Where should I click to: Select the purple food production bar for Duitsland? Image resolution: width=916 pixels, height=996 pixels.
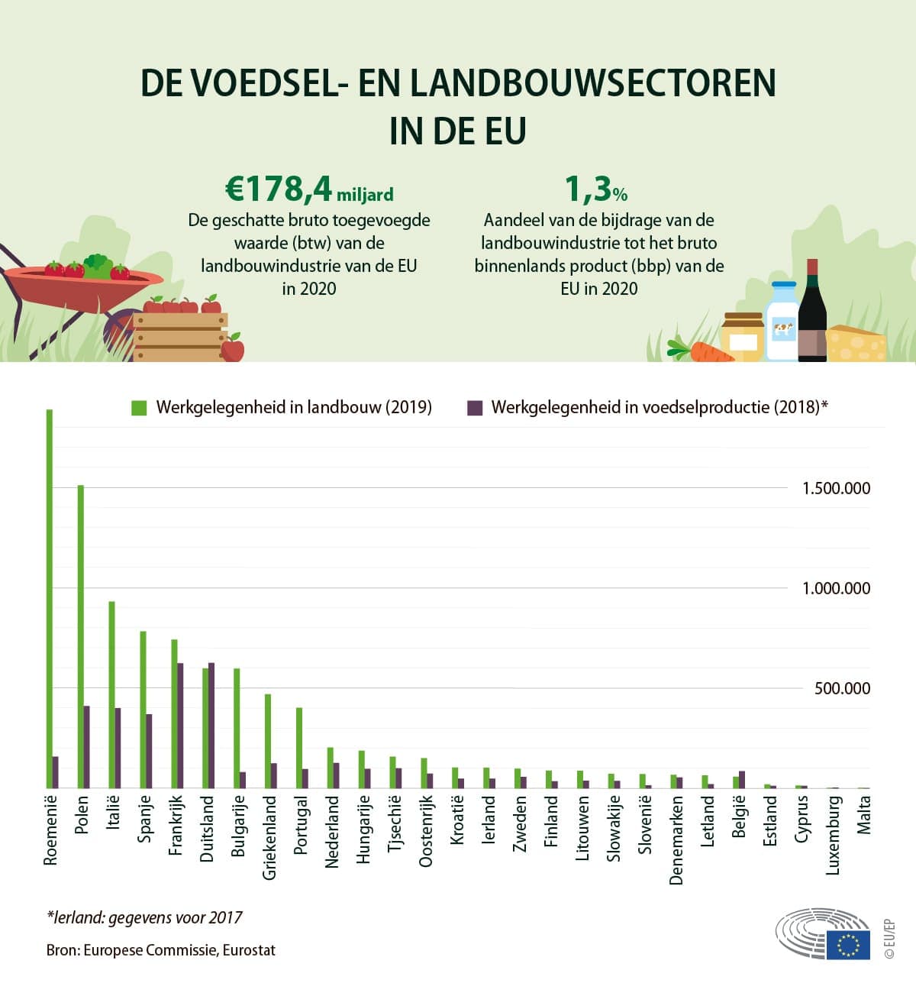pyautogui.click(x=211, y=725)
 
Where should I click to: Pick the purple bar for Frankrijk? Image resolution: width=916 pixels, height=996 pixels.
pyautogui.click(x=180, y=725)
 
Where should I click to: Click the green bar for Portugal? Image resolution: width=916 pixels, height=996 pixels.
pyautogui.click(x=299, y=748)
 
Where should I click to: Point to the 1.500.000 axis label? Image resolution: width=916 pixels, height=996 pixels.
pyautogui.click(x=835, y=489)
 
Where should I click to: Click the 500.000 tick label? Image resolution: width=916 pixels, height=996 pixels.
pyautogui.click(x=841, y=688)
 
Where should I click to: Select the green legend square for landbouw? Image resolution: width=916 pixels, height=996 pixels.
pyautogui.click(x=139, y=407)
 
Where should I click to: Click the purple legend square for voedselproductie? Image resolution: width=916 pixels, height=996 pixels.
pyautogui.click(x=475, y=407)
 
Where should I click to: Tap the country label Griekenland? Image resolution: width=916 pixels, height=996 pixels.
pyautogui.click(x=269, y=838)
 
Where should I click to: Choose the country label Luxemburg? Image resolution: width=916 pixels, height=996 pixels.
pyautogui.click(x=833, y=836)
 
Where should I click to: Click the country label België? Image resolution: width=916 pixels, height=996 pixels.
pyautogui.click(x=738, y=817)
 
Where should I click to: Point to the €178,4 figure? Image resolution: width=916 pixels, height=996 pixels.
pyautogui.click(x=279, y=189)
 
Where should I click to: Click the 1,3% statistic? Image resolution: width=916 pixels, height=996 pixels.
pyautogui.click(x=595, y=189)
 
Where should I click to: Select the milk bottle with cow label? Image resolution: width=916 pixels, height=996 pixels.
pyautogui.click(x=782, y=322)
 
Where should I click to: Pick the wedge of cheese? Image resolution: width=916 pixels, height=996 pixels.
pyautogui.click(x=856, y=344)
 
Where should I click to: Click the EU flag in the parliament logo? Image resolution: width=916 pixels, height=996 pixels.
pyautogui.click(x=847, y=945)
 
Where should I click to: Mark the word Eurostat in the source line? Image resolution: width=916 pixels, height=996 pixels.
pyautogui.click(x=249, y=951)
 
